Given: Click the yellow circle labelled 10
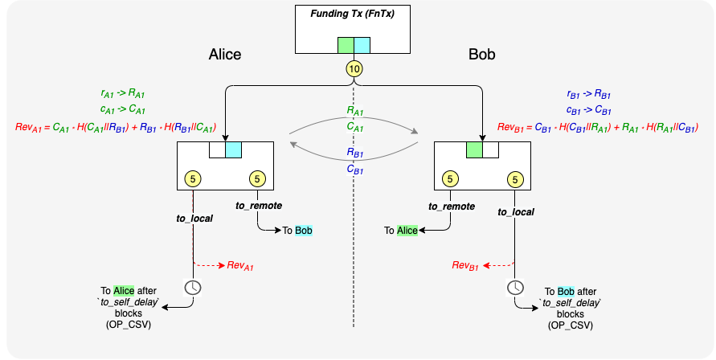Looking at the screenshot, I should (354, 69).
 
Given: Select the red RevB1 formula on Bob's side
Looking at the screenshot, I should (598, 127).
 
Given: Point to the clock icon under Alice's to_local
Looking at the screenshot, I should (193, 288).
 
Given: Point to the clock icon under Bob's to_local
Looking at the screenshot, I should (515, 288).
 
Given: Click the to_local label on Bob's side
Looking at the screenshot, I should (515, 211).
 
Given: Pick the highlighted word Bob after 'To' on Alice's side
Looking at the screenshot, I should (304, 231).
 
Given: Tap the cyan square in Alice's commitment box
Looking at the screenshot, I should (233, 150).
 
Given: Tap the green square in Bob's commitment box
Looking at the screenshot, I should (475, 150).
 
